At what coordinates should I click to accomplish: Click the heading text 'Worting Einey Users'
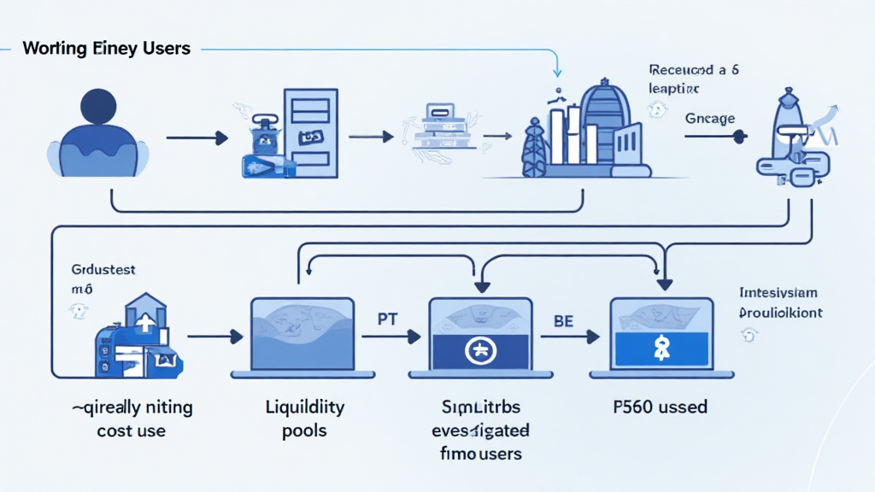[x=107, y=48]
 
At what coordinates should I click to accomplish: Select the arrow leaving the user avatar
[x=197, y=137]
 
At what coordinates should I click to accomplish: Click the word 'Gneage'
[x=709, y=119]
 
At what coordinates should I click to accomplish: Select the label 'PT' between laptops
[x=389, y=319]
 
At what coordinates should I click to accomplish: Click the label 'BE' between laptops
[x=563, y=319]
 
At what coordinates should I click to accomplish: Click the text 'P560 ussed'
[x=659, y=407]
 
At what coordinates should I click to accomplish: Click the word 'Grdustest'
[x=103, y=270]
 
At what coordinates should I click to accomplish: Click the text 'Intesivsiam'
[x=778, y=293]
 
